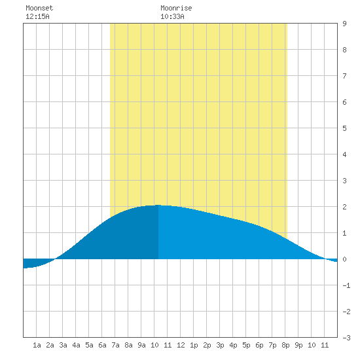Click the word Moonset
click(x=39, y=8)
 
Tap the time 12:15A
click(x=37, y=16)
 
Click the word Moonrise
click(x=176, y=8)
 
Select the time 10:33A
click(x=172, y=16)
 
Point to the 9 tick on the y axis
click(x=344, y=24)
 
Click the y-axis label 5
click(x=344, y=128)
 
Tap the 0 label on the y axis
click(x=344, y=259)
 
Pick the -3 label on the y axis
click(x=346, y=338)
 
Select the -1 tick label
click(x=346, y=285)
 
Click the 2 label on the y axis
click(x=344, y=207)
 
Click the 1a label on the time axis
click(x=37, y=345)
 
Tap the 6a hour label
click(x=102, y=345)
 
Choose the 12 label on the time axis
click(x=181, y=345)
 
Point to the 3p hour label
click(x=220, y=345)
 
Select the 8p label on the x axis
click(x=285, y=345)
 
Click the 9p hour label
click(x=298, y=345)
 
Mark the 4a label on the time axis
click(x=76, y=345)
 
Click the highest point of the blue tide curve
click(x=158, y=205)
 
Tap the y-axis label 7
click(x=344, y=76)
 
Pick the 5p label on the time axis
click(x=246, y=345)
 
